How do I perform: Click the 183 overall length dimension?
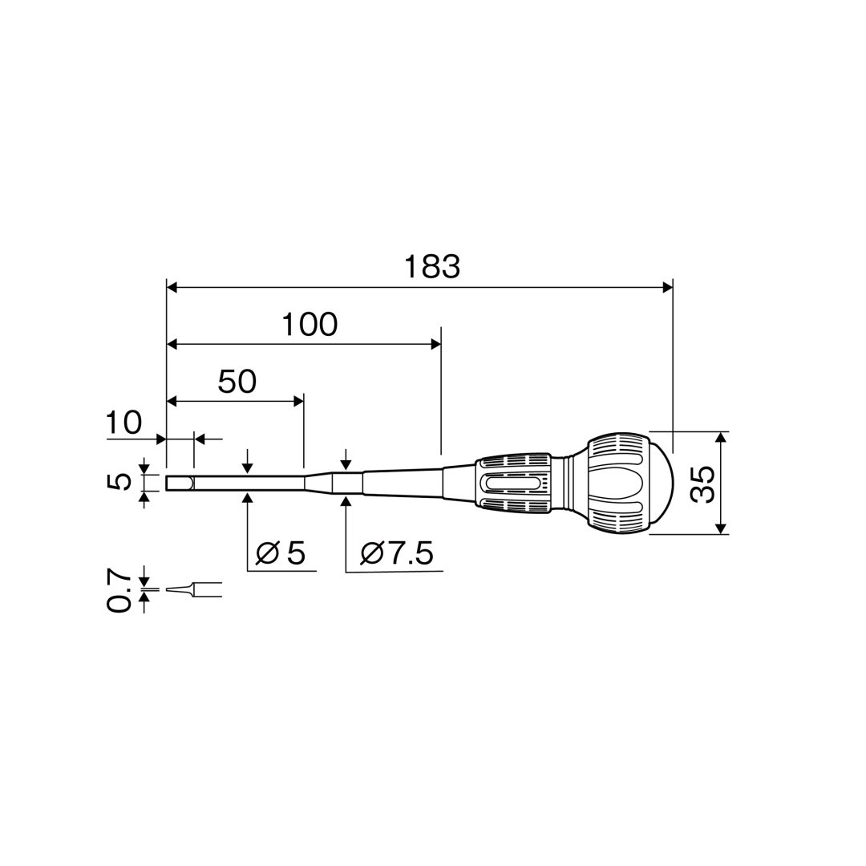432,267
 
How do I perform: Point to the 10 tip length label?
123,423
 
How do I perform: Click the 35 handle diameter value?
703,484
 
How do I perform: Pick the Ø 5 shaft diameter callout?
281,552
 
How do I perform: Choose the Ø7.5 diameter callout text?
396,552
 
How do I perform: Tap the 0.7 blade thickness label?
118,591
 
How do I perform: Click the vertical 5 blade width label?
118,481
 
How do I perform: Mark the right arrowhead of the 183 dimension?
668,286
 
